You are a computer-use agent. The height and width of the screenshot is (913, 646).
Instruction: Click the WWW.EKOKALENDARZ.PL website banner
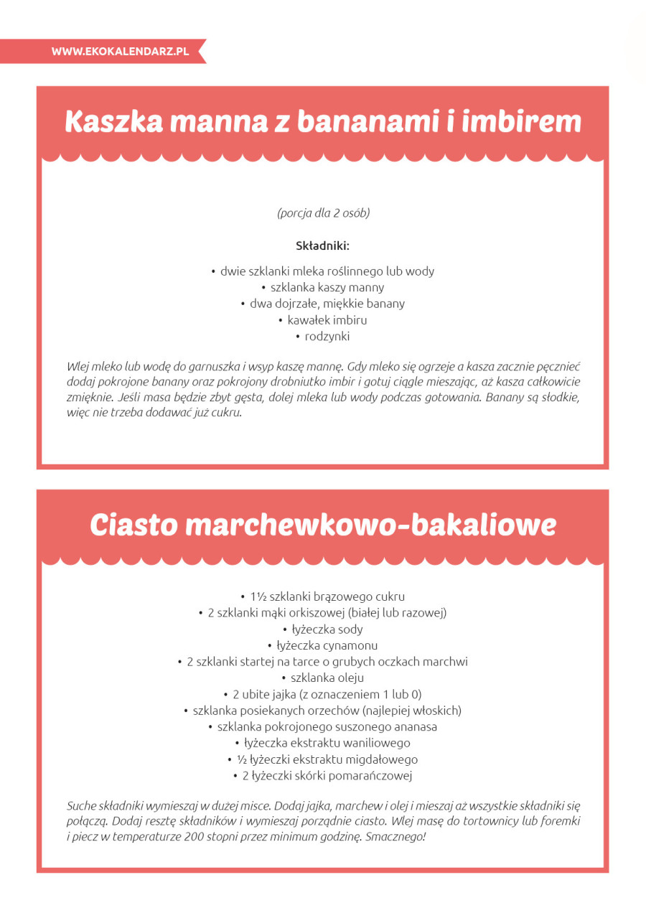pyautogui.click(x=120, y=52)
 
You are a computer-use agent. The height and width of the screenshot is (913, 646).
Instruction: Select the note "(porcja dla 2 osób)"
pyautogui.click(x=323, y=212)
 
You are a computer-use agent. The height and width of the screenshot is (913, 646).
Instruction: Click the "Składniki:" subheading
pyautogui.click(x=323, y=245)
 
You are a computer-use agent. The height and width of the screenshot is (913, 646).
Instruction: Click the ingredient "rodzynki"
pyautogui.click(x=327, y=336)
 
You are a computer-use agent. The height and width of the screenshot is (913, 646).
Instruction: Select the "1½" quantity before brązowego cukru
pyautogui.click(x=258, y=596)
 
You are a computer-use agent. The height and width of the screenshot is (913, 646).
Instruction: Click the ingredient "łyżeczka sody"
pyautogui.click(x=327, y=629)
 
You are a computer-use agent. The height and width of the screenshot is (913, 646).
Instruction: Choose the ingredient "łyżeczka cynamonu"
pyautogui.click(x=327, y=645)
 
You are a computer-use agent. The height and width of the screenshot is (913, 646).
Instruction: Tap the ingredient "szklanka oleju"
pyautogui.click(x=327, y=678)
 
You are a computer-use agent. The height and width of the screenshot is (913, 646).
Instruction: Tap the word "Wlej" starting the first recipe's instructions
pyautogui.click(x=77, y=365)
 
